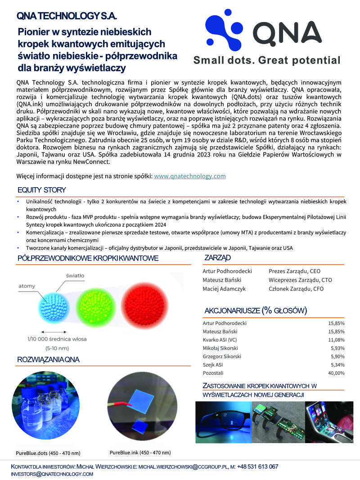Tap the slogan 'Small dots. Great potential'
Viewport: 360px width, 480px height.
pyautogui.click(x=266, y=60)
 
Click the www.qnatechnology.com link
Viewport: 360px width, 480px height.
pyautogui.click(x=189, y=176)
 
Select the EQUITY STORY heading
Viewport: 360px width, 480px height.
pyautogui.click(x=42, y=190)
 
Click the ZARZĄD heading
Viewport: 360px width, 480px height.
pyautogui.click(x=217, y=258)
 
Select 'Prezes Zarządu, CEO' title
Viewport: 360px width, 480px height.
pyautogui.click(x=294, y=271)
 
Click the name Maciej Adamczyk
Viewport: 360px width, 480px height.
pyautogui.click(x=224, y=289)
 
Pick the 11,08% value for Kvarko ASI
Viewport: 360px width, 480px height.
pyautogui.click(x=336, y=340)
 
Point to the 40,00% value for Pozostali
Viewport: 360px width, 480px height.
pyautogui.click(x=336, y=373)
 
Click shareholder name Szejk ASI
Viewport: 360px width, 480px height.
pyautogui.click(x=213, y=365)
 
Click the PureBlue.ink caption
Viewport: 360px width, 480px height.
pyautogui.click(x=140, y=452)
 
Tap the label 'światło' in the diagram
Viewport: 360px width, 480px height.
pyautogui.click(x=75, y=275)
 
